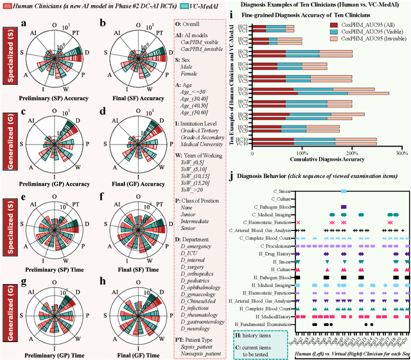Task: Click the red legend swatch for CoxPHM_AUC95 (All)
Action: pyautogui.click(x=335, y=23)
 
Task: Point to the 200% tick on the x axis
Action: pyautogui.click(x=352, y=154)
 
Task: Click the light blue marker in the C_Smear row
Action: pyautogui.click(x=344, y=191)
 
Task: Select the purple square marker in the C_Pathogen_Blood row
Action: pyautogui.click(x=344, y=206)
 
